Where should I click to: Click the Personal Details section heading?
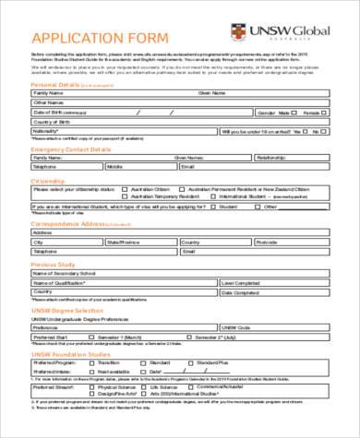[x=55, y=84]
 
